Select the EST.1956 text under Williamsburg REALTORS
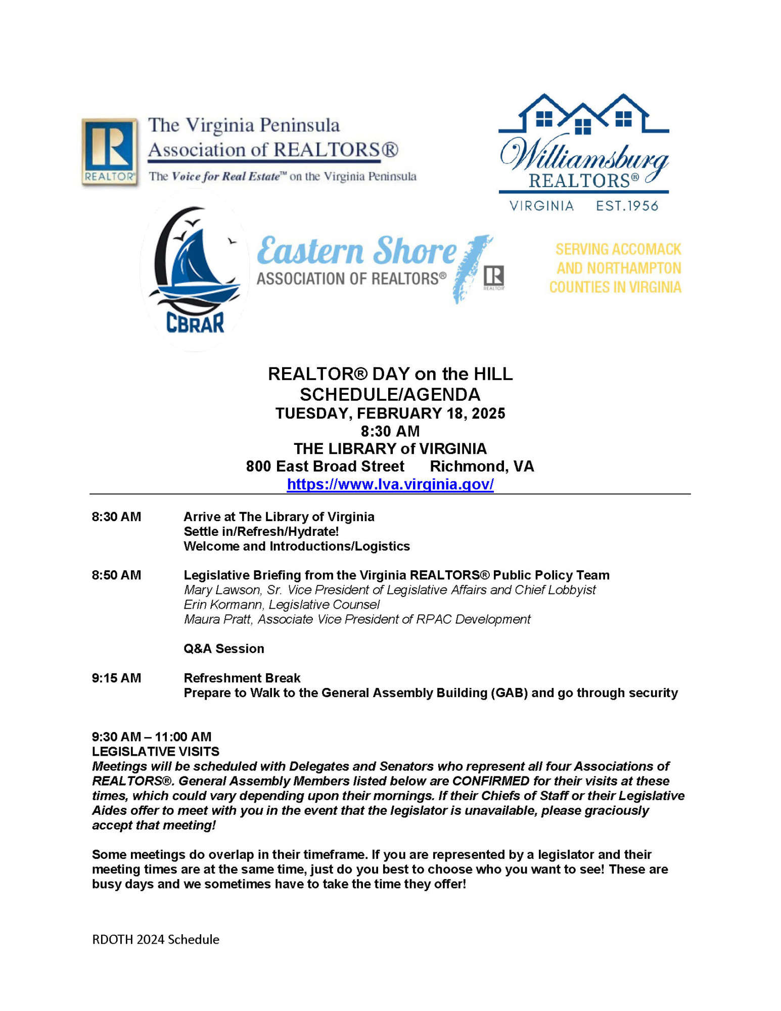(x=627, y=206)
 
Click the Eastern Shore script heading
(x=356, y=251)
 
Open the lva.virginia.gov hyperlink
(x=390, y=484)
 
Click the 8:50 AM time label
(x=116, y=575)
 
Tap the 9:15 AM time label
(x=116, y=678)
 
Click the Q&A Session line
(x=223, y=649)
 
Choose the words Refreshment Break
(x=242, y=678)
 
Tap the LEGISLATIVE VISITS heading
(x=156, y=751)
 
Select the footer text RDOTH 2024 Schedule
(x=156, y=939)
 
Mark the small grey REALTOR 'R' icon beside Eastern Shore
(x=493, y=277)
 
